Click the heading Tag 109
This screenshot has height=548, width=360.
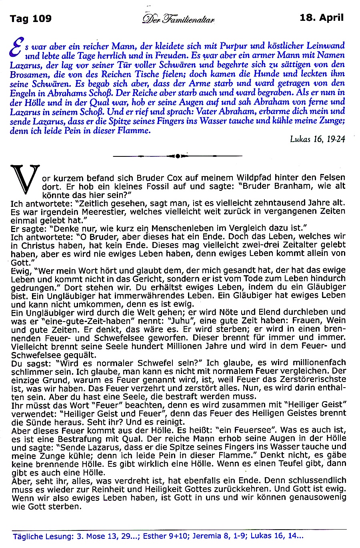pos(31,18)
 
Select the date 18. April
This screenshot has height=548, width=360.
pos(322,18)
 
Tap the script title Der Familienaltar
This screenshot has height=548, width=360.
pos(178,19)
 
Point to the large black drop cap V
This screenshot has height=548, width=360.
pos(26,182)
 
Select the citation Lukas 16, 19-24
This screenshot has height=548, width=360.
pos(317,140)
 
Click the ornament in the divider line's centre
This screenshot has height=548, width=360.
pos(177,156)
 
